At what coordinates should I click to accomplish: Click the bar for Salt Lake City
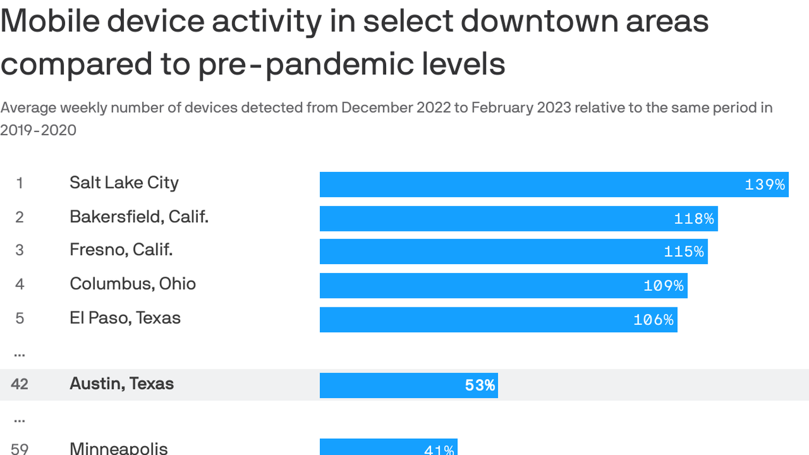(554, 184)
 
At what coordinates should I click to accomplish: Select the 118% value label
(694, 219)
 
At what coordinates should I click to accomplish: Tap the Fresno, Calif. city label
(121, 249)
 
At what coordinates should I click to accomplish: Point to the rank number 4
(20, 284)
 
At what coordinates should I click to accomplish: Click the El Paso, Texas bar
(498, 319)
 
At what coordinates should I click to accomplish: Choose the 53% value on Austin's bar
(480, 386)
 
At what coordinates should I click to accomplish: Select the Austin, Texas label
(121, 384)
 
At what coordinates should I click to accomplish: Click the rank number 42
(20, 384)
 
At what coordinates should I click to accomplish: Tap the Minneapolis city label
(118, 448)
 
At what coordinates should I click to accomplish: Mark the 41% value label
(439, 450)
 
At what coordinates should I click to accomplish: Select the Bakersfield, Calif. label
(139, 217)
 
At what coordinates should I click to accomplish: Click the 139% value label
(765, 184)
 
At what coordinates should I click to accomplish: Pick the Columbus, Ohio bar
(503, 286)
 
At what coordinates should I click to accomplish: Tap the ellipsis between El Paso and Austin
(20, 353)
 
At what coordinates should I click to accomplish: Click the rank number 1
(20, 184)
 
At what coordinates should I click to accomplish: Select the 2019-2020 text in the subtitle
(38, 130)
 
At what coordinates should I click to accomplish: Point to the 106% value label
(653, 320)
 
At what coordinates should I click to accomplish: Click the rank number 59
(20, 448)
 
